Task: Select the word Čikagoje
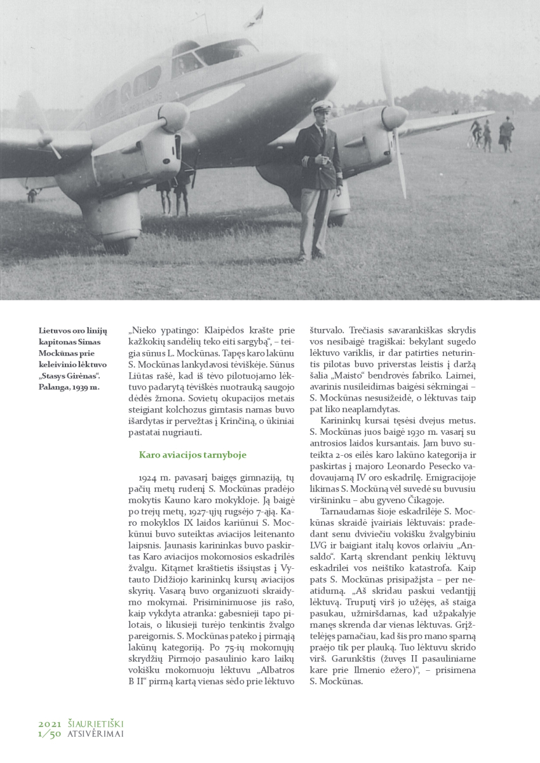426,500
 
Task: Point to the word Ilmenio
430,670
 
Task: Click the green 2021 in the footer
50,724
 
